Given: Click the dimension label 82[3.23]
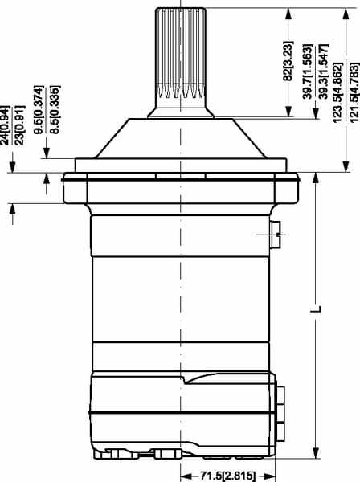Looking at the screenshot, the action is (288, 60).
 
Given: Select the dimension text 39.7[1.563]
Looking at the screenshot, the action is (308, 72).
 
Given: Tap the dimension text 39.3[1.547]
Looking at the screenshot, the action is (324, 71).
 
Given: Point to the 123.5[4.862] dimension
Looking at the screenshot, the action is (337, 92).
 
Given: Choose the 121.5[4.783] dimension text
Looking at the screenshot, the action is (354, 92).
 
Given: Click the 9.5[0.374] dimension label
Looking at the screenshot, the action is (39, 110).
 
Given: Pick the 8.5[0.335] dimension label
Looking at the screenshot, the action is (55, 110).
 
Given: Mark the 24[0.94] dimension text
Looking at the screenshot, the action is (6, 125).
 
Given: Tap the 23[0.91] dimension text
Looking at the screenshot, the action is (20, 125).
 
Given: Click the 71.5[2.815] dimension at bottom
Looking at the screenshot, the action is (227, 476).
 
